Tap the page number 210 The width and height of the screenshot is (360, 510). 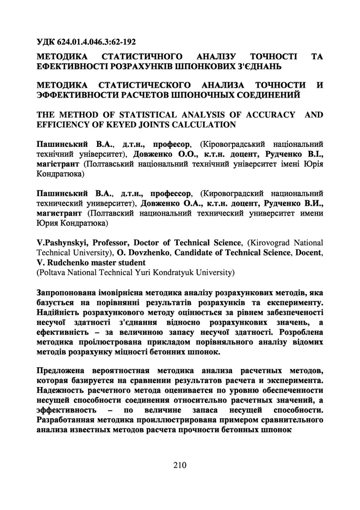coord(180,465)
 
